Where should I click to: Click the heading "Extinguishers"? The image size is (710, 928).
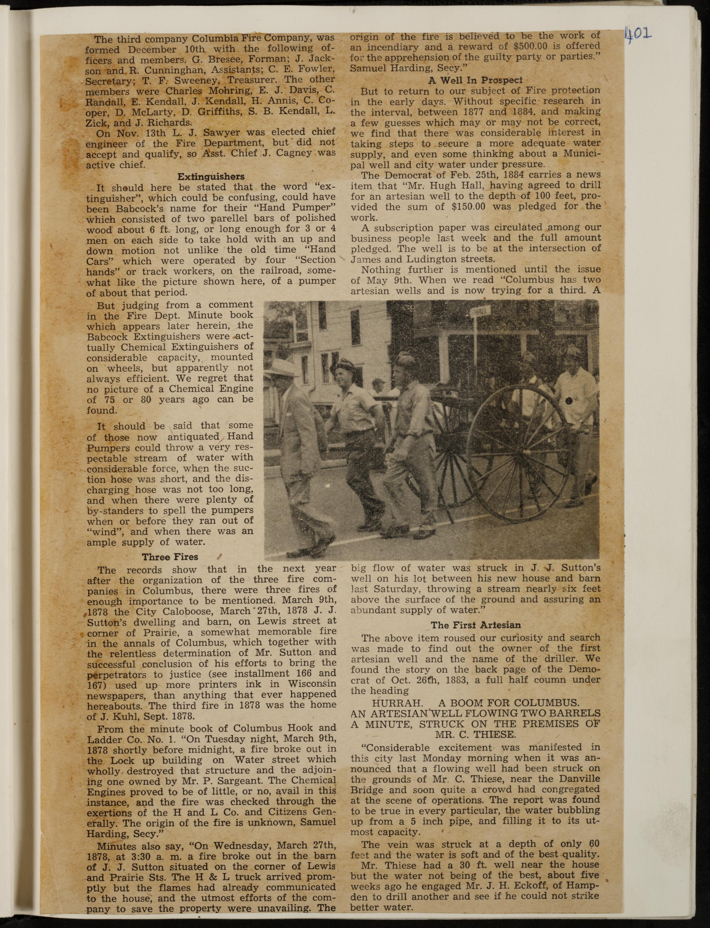[x=211, y=176]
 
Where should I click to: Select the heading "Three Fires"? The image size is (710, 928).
[x=170, y=557]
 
